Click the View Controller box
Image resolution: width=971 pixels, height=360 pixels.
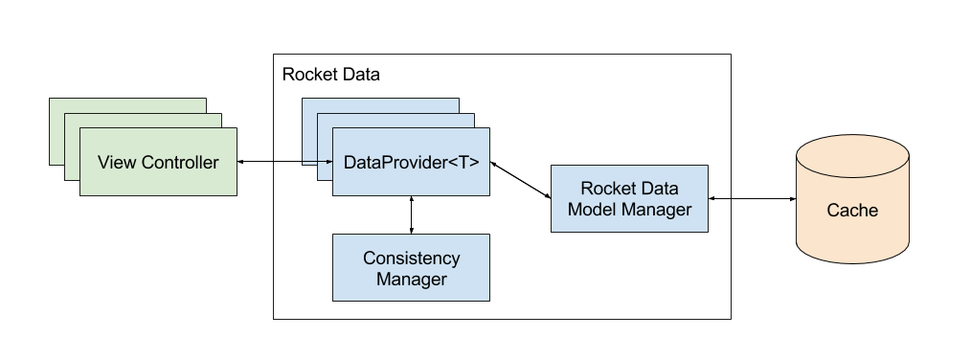click(158, 162)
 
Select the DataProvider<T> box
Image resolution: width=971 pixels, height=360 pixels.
click(411, 162)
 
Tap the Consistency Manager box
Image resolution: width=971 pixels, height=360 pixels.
click(411, 268)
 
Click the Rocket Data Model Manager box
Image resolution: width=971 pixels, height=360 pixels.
click(628, 199)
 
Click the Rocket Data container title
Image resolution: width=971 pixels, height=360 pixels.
click(330, 75)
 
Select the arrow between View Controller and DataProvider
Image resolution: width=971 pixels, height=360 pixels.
click(284, 162)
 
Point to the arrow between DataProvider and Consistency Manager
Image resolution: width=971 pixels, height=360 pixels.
click(411, 214)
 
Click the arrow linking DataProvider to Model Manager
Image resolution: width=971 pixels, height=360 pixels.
click(520, 179)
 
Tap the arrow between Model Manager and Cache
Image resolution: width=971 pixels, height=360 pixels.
click(752, 199)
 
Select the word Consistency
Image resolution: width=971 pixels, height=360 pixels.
click(411, 259)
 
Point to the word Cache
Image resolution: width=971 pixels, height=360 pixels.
click(851, 211)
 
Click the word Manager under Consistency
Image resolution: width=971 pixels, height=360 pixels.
click(411, 280)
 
